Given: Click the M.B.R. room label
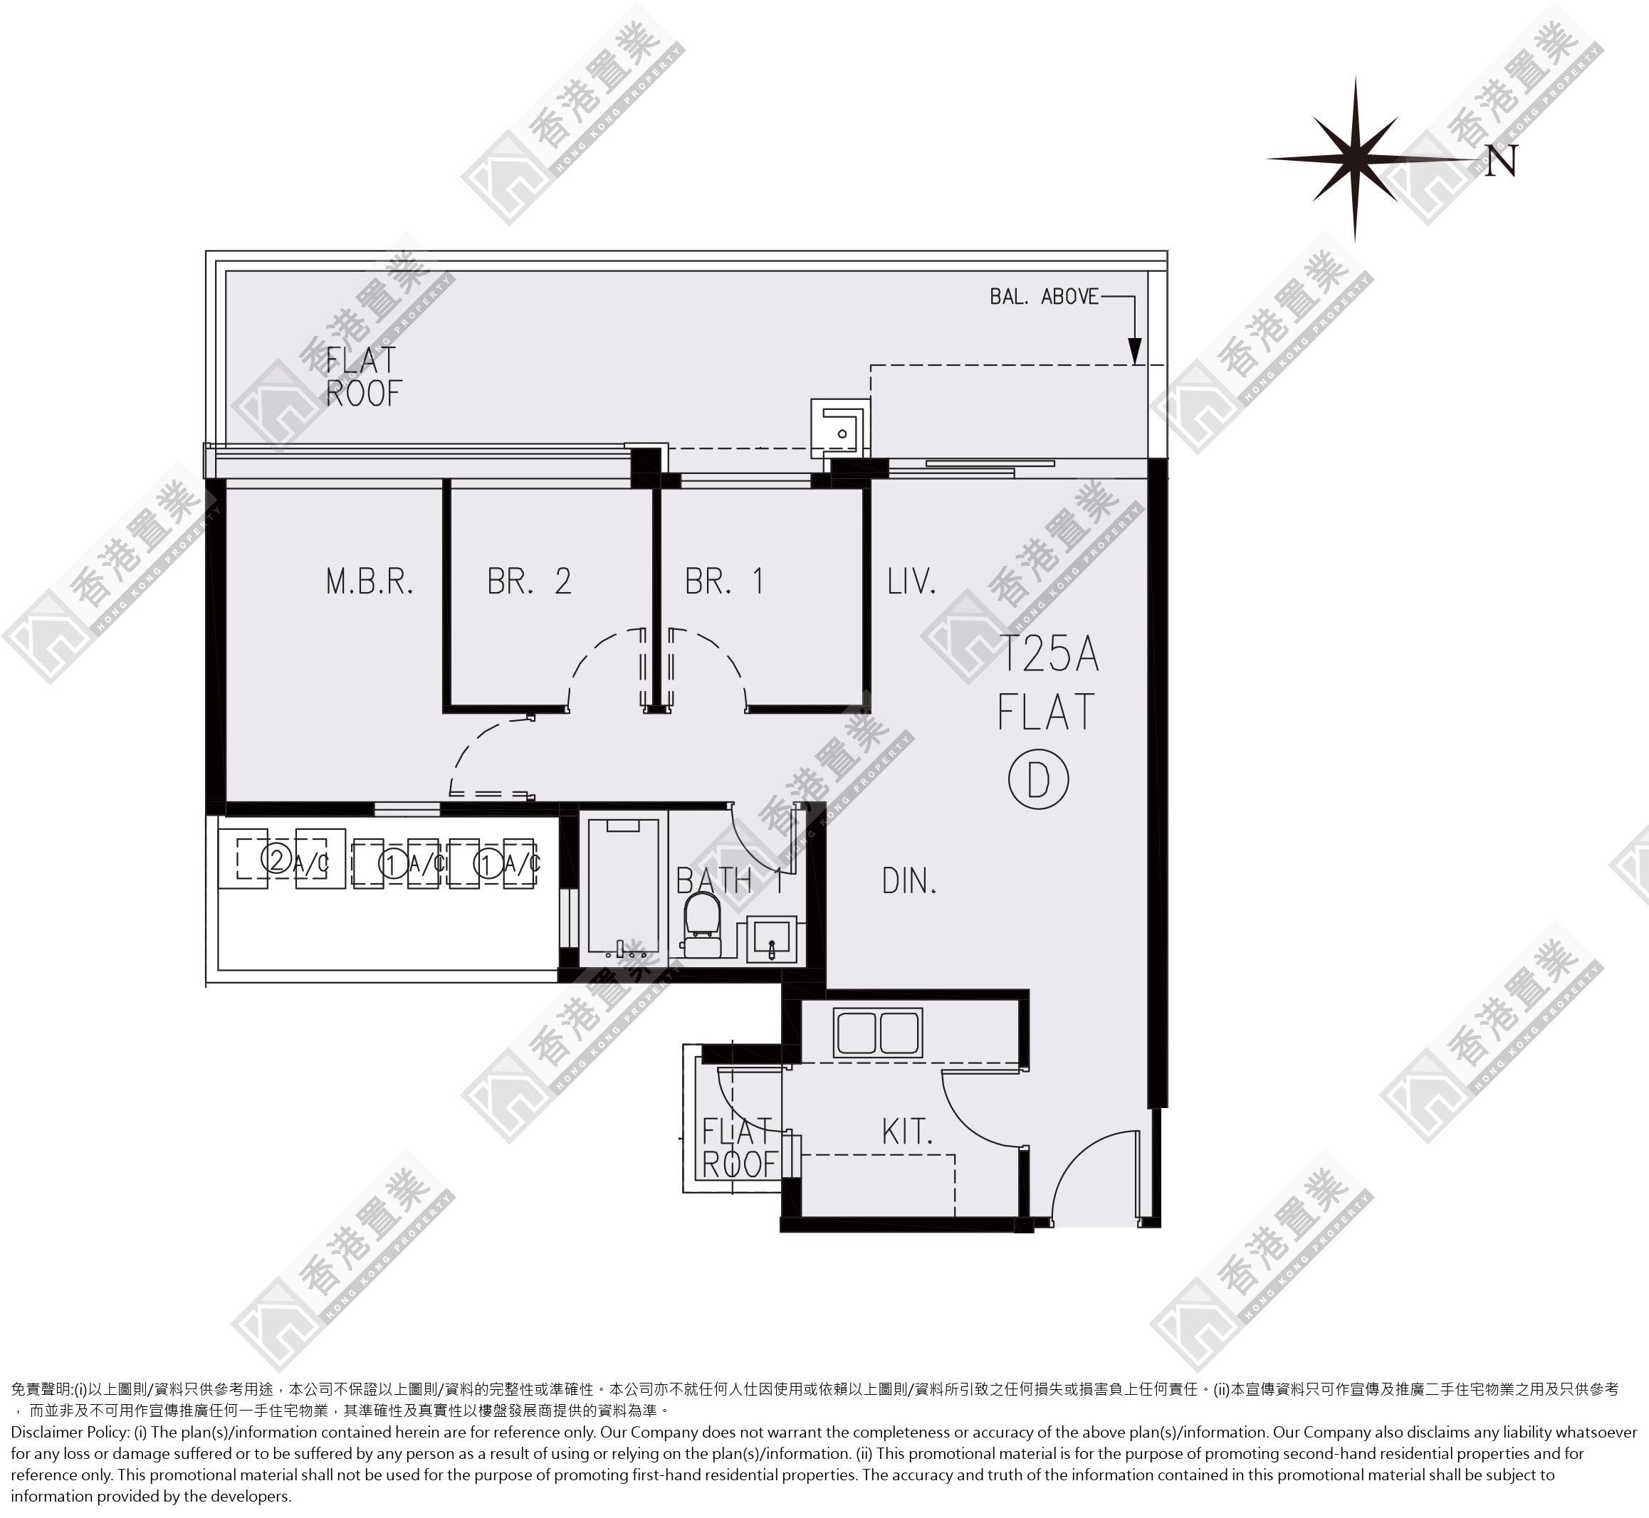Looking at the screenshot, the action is click(370, 581).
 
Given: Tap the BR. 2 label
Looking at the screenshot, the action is click(529, 581).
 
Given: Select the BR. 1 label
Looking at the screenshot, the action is click(725, 581).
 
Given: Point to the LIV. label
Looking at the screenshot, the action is click(911, 581).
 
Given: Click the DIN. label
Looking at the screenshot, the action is click(909, 881).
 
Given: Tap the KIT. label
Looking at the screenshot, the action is click(907, 1132).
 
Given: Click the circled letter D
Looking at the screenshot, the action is click(1039, 779).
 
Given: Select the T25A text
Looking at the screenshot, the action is click(1049, 654).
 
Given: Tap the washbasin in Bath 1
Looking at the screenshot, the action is click(772, 939).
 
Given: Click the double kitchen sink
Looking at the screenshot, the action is click(877, 1033).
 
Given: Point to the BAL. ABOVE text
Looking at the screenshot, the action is click(1044, 297).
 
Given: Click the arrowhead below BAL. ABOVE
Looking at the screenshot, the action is click(1135, 351).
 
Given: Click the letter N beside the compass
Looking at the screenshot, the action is click(1501, 161).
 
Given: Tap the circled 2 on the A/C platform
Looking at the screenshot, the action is click(276, 860).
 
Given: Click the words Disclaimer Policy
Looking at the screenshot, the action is click(70, 1432).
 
